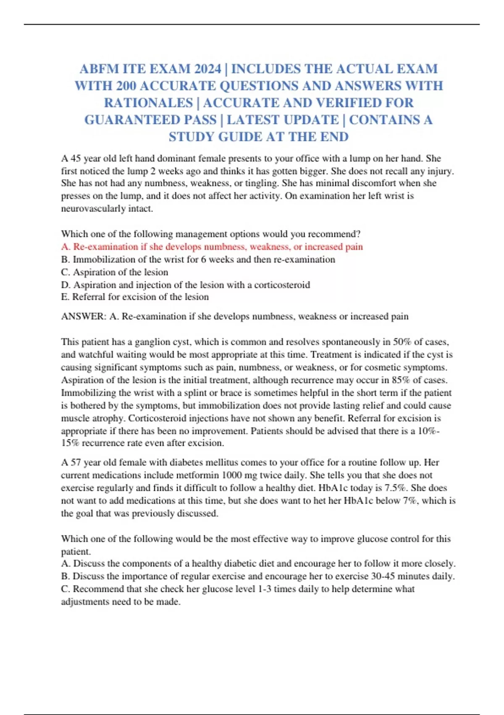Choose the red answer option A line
(x=212, y=247)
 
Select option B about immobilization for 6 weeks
(x=198, y=260)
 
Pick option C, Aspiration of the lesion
(x=115, y=272)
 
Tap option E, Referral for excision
(x=135, y=297)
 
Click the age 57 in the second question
(x=76, y=463)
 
